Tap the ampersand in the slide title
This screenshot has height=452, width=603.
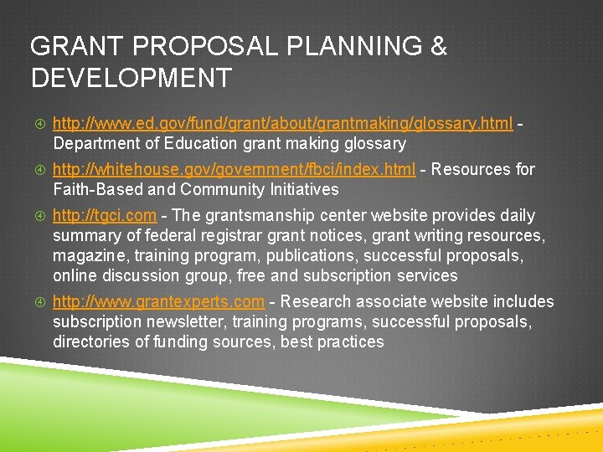[437, 47]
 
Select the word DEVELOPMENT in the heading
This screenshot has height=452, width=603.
[131, 79]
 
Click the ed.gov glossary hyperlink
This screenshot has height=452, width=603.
[282, 124]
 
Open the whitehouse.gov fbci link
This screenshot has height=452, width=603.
[234, 170]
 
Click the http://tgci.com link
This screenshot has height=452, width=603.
[103, 216]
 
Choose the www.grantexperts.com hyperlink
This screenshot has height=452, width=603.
[158, 302]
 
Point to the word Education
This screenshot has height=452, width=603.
[203, 144]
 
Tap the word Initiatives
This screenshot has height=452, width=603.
[298, 190]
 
